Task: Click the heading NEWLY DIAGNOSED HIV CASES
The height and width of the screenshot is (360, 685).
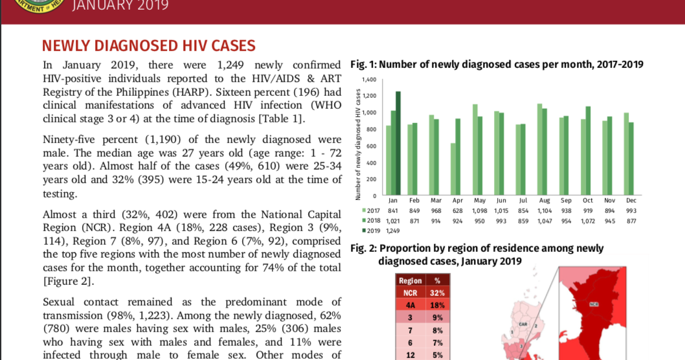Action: point(148,45)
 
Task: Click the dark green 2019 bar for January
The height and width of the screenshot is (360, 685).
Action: point(398,143)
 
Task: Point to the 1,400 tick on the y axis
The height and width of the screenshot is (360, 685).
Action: point(369,80)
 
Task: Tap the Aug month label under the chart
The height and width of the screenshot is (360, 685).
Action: point(545,201)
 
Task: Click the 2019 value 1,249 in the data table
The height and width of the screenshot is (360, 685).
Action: point(393,231)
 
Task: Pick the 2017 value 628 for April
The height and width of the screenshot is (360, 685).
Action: point(458,211)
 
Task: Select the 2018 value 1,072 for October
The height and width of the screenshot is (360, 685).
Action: point(588,221)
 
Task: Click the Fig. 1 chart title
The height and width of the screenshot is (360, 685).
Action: point(497,64)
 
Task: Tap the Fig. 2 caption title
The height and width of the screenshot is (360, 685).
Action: point(477,254)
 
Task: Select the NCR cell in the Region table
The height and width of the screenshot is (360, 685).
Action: point(409,293)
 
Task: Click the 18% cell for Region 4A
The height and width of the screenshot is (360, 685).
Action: point(437,305)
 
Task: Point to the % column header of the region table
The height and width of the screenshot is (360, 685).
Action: point(437,280)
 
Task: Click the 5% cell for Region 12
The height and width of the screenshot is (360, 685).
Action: point(437,354)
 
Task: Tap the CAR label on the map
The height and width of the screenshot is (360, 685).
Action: point(523,324)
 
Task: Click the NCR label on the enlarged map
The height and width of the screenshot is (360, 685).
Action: point(593,303)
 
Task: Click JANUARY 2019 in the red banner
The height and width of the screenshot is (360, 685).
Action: point(121,6)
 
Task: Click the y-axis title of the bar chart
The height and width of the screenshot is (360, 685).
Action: point(357,150)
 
